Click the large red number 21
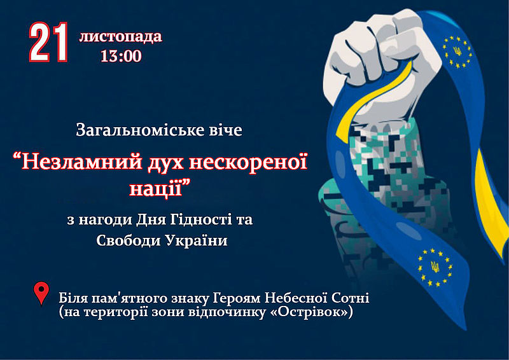point(49,42)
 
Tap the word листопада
point(120,36)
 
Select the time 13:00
point(121,56)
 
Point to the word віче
point(224,130)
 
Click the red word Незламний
point(82,162)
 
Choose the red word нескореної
point(248,162)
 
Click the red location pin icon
point(41,293)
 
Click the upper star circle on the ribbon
point(457,52)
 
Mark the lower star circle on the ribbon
point(435,268)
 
